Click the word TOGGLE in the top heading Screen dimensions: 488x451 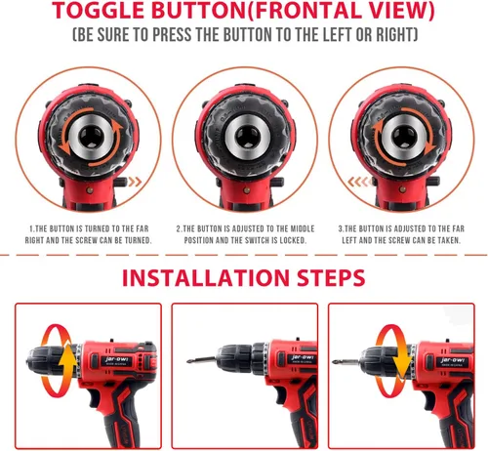(x=99, y=11)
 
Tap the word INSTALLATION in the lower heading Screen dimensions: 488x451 (x=206, y=277)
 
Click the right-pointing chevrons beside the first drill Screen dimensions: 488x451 (x=135, y=182)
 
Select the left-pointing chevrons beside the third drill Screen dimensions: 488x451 (x=358, y=182)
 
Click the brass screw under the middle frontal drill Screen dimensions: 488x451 (x=247, y=190)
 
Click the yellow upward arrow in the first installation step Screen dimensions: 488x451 (x=68, y=359)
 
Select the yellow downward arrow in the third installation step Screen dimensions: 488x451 (x=402, y=359)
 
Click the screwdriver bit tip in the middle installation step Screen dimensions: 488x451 (x=188, y=361)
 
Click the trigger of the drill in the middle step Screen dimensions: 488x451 (x=280, y=395)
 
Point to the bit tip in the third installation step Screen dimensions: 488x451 (x=335, y=361)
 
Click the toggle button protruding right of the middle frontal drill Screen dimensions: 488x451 (x=278, y=182)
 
